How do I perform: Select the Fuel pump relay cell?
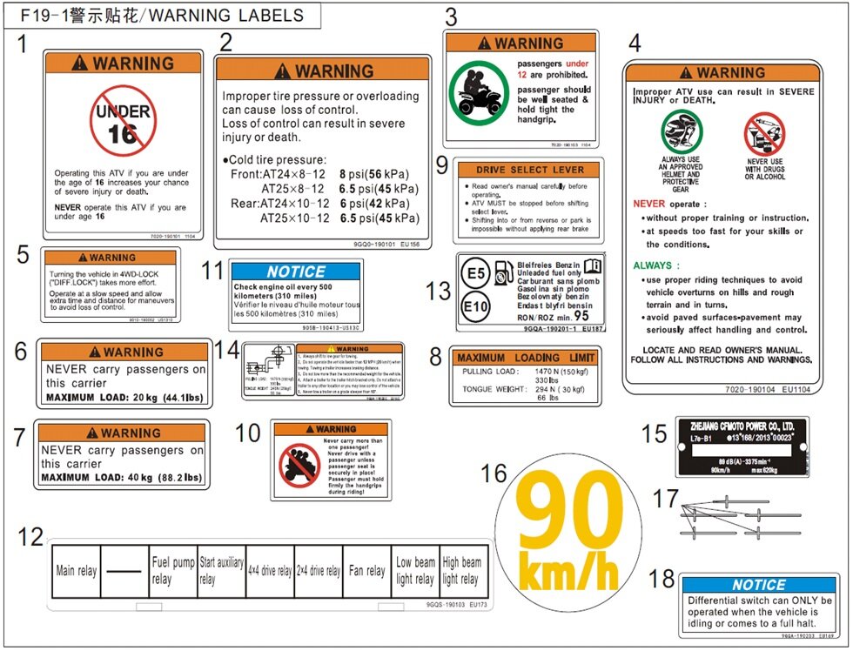click(172, 571)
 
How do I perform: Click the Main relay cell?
click(77, 571)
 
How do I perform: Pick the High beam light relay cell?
click(462, 571)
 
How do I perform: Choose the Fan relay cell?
click(366, 571)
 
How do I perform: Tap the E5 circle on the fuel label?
click(474, 273)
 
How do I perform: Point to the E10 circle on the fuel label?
click(475, 306)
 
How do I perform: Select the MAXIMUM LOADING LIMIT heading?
click(526, 358)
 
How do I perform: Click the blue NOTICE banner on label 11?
click(296, 272)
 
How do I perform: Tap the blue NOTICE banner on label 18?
click(759, 585)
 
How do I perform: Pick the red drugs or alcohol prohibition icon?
click(764, 134)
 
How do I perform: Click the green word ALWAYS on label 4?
click(654, 265)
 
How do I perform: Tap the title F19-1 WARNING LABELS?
click(162, 16)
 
